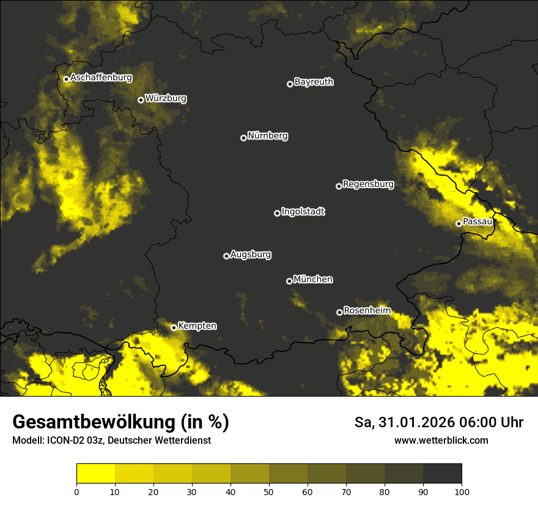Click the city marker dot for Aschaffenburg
point(66,79)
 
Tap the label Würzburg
point(166,99)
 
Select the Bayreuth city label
point(314,82)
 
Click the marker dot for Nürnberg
point(243,138)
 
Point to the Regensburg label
point(368,184)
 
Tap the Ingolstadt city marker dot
point(277,213)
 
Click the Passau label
point(477,222)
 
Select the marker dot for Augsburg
point(226,256)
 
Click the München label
point(313,280)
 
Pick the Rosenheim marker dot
point(339,312)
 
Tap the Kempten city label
point(197,326)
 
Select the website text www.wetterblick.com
point(441,440)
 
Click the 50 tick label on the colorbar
point(269,491)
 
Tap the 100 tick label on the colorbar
point(461,491)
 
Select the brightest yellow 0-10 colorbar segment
point(95,473)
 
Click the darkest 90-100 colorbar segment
point(442,473)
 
